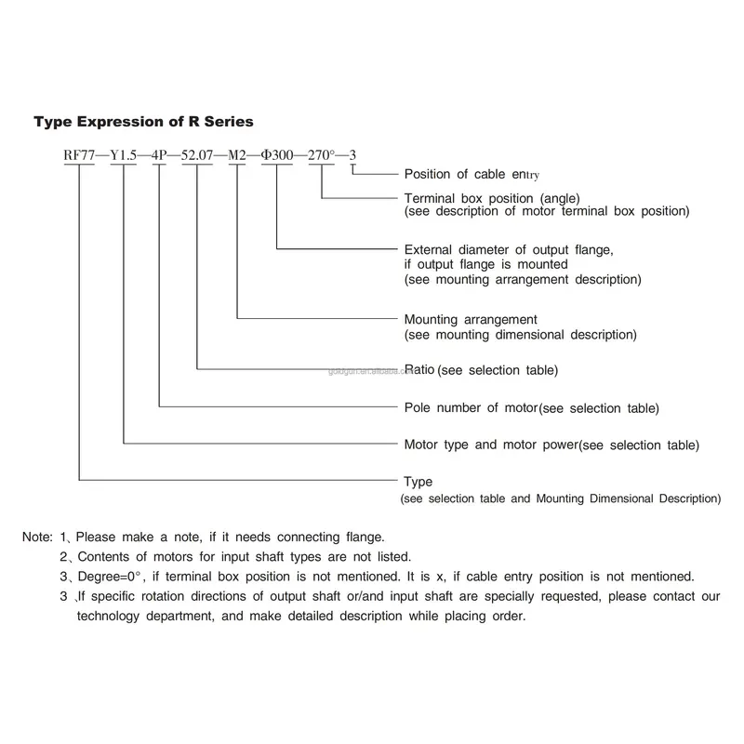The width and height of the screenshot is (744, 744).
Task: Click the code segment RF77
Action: click(79, 155)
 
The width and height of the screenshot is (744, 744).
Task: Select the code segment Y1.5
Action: click(124, 155)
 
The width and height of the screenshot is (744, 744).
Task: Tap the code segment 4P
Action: click(159, 155)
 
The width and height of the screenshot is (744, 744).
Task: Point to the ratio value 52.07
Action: click(197, 155)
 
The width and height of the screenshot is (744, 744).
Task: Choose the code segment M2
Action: click(237, 155)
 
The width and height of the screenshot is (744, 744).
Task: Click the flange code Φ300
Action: click(277, 155)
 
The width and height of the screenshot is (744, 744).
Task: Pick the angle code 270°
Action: click(321, 155)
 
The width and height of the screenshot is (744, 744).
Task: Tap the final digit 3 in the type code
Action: click(352, 155)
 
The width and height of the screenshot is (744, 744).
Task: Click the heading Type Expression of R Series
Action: click(143, 122)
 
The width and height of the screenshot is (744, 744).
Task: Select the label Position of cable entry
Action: click(472, 175)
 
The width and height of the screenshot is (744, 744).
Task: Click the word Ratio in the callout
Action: click(419, 369)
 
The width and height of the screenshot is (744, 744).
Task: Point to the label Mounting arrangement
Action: click(471, 320)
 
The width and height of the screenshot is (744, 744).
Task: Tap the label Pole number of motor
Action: click(471, 407)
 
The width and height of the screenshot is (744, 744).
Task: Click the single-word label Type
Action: click(418, 482)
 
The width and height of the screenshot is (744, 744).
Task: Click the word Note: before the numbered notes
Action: click(37, 537)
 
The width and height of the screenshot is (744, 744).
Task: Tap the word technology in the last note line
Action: click(108, 617)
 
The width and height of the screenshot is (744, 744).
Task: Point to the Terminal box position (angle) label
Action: click(492, 198)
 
